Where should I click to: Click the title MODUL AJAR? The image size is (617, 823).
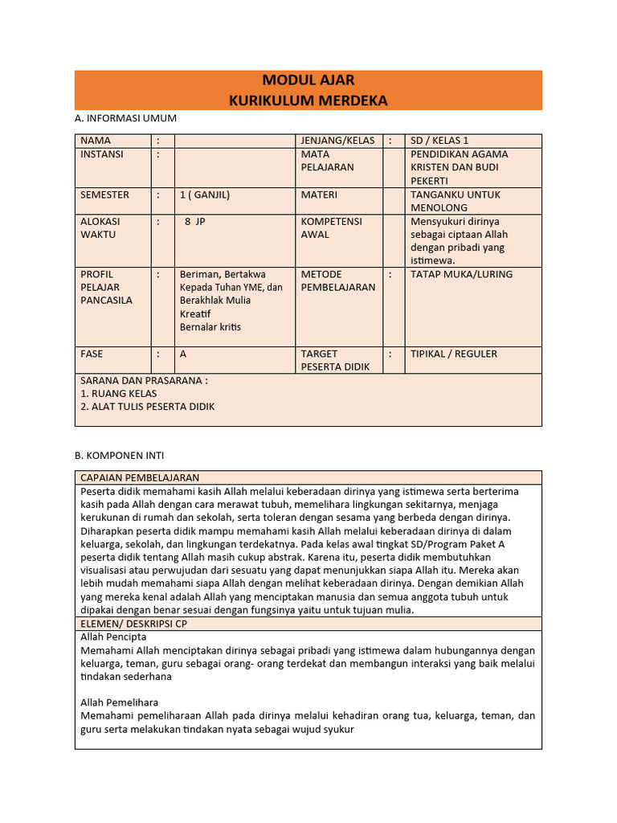tap(308, 80)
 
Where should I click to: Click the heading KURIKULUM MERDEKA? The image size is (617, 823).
tap(308, 100)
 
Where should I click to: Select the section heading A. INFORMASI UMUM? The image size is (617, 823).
tap(125, 118)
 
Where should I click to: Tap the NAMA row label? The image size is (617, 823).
tap(96, 140)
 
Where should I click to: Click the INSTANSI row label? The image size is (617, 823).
tap(102, 154)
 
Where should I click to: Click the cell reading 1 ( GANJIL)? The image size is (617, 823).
tap(205, 194)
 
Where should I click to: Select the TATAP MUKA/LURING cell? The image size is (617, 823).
tap(461, 274)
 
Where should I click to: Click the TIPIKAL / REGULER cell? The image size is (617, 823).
tap(453, 354)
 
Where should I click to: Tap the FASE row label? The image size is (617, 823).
tap(92, 354)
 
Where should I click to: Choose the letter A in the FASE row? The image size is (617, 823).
tap(183, 354)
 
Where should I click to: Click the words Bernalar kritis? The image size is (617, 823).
tap(210, 327)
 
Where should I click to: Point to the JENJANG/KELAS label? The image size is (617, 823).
tap(337, 140)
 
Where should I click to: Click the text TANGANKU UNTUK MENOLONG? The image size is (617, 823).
tap(455, 201)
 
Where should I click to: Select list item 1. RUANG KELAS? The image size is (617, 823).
tap(119, 394)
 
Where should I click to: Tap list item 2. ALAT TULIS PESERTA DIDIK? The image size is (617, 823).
tap(148, 407)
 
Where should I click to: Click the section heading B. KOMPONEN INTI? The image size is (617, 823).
tap(119, 455)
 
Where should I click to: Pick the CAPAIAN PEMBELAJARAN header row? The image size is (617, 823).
tap(140, 477)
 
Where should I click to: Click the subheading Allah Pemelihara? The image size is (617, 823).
tap(120, 702)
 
